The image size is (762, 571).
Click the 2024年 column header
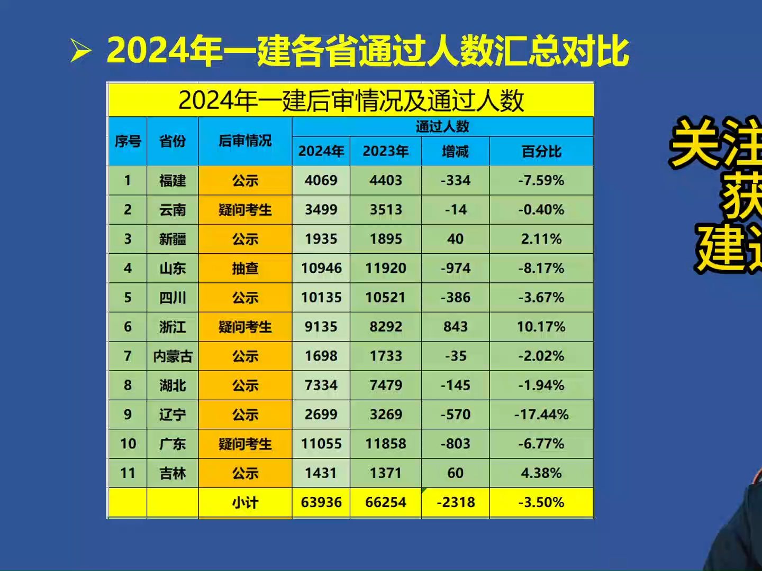(321, 152)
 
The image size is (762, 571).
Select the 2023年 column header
(386, 152)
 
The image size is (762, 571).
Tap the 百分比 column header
(541, 152)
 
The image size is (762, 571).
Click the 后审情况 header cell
(245, 141)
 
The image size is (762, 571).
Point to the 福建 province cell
(173, 181)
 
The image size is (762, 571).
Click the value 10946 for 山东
(321, 269)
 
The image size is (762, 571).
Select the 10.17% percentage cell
(541, 327)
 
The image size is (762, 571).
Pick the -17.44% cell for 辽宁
(541, 415)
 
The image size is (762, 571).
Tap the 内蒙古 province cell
(173, 356)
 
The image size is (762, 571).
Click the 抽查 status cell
(245, 269)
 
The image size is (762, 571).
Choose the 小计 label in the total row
(245, 502)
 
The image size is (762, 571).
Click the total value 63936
(321, 502)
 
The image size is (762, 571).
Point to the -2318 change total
(456, 502)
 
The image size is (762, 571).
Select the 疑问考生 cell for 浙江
(245, 327)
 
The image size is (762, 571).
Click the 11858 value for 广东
(386, 444)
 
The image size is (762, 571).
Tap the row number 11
(128, 473)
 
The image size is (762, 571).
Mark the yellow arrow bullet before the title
(81, 51)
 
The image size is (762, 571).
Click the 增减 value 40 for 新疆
(456, 239)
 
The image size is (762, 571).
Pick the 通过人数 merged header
(442, 126)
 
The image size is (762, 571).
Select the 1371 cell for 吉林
(386, 473)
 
